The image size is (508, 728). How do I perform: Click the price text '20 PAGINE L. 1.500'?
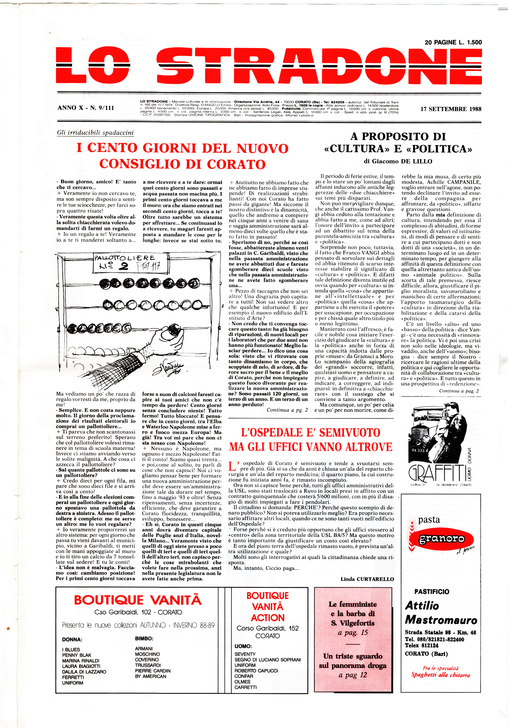click(x=453, y=42)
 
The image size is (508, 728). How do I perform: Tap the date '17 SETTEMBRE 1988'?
click(x=451, y=109)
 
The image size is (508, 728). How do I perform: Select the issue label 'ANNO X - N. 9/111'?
click(x=86, y=108)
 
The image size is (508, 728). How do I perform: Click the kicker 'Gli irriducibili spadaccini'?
click(x=95, y=132)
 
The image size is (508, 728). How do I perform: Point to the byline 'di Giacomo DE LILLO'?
click(x=398, y=161)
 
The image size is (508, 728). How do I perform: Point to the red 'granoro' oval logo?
click(x=442, y=539)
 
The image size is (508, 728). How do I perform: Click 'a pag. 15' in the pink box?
click(x=352, y=633)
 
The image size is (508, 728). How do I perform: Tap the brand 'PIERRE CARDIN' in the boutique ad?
click(x=153, y=671)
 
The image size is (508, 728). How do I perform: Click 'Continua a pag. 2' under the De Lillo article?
click(x=459, y=391)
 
